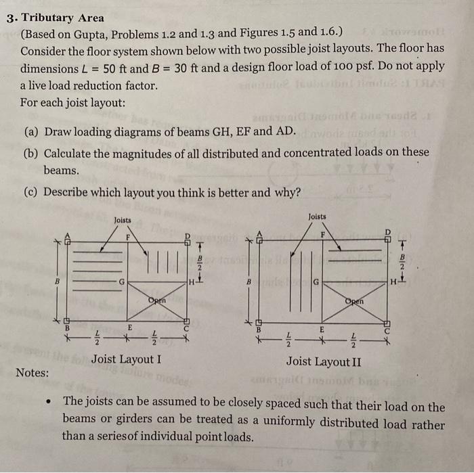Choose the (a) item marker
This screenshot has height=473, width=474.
(x=30, y=129)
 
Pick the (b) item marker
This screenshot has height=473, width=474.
(x=31, y=152)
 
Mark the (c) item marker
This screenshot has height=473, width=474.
(x=30, y=192)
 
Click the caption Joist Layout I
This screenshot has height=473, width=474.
(x=126, y=359)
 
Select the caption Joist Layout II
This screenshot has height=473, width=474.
(x=324, y=361)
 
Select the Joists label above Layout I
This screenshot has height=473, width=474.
(x=123, y=221)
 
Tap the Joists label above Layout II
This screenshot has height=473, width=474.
(x=317, y=217)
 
